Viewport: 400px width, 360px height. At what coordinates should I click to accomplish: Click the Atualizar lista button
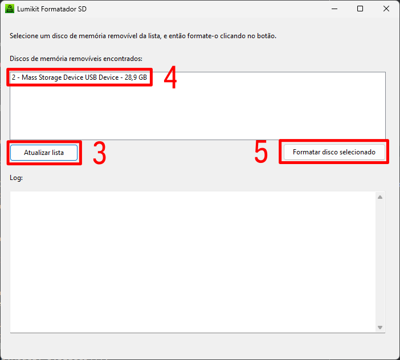click(x=44, y=153)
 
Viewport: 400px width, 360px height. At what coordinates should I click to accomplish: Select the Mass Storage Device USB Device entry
click(x=79, y=77)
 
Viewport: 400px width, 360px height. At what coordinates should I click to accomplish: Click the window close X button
click(x=386, y=9)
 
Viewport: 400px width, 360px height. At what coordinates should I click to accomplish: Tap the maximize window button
click(x=360, y=9)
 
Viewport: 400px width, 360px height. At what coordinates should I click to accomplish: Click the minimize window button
click(x=334, y=9)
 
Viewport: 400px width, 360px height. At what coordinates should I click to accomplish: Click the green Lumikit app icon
click(x=10, y=9)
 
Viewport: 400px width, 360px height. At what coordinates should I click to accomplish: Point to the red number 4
click(x=170, y=77)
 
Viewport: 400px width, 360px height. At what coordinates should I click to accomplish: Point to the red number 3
click(x=100, y=153)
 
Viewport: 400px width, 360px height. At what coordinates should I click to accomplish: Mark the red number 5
click(x=261, y=152)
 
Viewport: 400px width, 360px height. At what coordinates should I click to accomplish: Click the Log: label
click(x=16, y=178)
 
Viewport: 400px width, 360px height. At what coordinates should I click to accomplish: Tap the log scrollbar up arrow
click(x=380, y=197)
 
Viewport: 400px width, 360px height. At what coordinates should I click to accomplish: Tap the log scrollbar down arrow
click(x=380, y=328)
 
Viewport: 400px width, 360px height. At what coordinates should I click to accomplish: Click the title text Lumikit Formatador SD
click(x=52, y=9)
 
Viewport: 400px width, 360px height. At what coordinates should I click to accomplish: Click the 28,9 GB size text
click(x=136, y=77)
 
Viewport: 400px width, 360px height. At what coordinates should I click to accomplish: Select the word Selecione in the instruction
click(x=24, y=36)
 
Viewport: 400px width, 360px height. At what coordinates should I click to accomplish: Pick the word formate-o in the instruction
click(x=202, y=36)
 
